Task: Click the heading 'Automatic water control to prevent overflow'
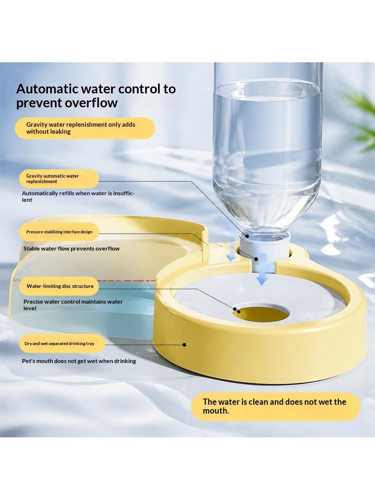point(96,96)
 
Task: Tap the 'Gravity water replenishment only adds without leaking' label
point(81,128)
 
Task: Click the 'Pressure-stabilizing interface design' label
point(59,232)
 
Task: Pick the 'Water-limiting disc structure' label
point(60,286)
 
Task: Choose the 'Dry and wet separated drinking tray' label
point(59,344)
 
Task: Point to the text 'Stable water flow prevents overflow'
point(71,248)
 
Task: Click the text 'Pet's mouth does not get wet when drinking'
point(79,361)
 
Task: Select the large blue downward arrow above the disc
point(263,269)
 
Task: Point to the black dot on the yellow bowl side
point(185,345)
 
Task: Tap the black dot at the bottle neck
point(247,236)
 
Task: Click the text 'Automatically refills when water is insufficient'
point(78,196)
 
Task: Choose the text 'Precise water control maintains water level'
point(73,305)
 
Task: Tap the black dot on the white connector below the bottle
point(256,259)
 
